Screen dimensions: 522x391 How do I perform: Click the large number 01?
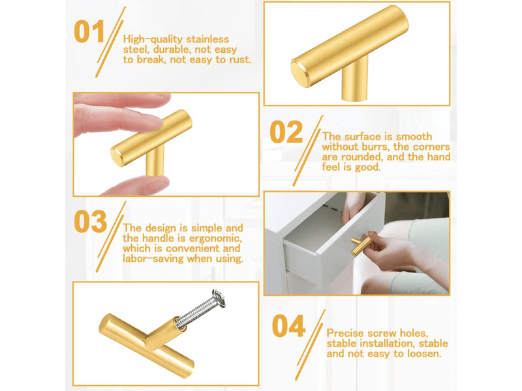click(x=89, y=31)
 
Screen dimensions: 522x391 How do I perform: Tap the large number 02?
click(x=286, y=132)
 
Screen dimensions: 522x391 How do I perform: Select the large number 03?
click(x=90, y=222)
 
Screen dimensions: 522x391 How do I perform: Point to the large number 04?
click(x=288, y=326)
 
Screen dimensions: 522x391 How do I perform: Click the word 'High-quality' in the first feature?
click(x=153, y=40)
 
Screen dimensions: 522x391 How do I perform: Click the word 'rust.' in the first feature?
click(x=240, y=60)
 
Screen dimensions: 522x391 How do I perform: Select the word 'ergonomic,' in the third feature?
click(x=215, y=239)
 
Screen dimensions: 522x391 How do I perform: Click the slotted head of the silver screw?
click(x=219, y=298)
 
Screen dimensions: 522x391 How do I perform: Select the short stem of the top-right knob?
click(x=355, y=79)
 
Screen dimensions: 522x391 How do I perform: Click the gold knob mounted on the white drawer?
click(x=361, y=244)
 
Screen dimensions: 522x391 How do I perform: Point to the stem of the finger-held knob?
click(x=155, y=162)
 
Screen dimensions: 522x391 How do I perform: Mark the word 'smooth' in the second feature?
click(x=414, y=137)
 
